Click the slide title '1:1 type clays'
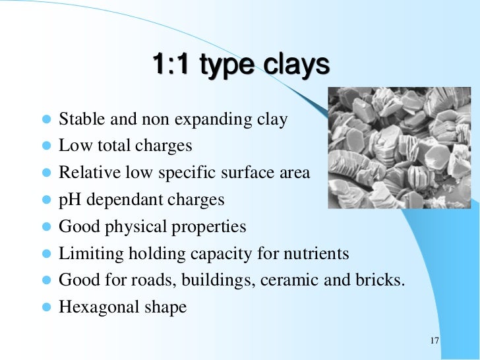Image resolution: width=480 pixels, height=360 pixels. pos(240,66)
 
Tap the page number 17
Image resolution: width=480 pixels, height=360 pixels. pos(433,340)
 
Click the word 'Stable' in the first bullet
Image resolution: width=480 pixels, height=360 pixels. pos(78,121)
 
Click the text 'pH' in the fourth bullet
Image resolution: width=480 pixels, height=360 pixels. pos(69,200)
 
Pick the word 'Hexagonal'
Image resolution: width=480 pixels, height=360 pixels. pos(94,308)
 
